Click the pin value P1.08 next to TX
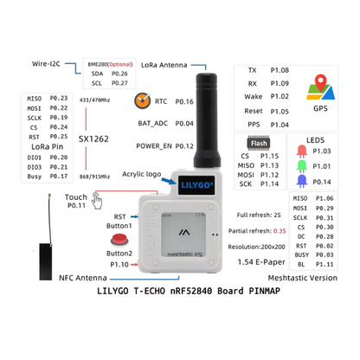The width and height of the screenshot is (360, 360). click(278, 69)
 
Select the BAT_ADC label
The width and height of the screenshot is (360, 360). click(152, 124)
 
